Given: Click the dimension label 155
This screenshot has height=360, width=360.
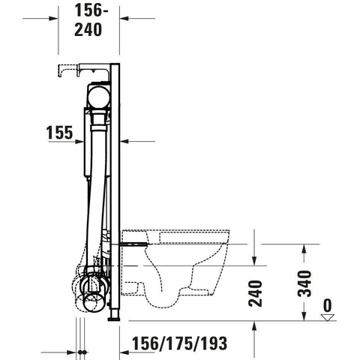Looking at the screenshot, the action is click(59, 133).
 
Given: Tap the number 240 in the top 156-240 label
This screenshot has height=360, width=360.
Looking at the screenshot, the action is click(88, 29).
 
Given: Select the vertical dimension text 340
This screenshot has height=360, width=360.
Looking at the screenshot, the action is click(304, 283).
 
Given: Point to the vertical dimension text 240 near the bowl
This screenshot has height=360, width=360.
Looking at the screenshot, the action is click(255, 293).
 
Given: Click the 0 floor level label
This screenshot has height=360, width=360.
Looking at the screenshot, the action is click(328, 305).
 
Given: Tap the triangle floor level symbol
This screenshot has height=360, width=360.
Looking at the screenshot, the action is click(328, 317).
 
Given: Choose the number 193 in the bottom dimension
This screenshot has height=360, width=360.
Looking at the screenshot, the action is click(214, 343).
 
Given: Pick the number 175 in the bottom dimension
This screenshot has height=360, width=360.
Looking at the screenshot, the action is click(180, 343).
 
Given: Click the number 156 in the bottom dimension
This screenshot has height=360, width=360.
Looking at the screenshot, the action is click(145, 343).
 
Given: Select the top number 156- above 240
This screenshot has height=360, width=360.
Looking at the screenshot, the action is click(91, 10).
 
